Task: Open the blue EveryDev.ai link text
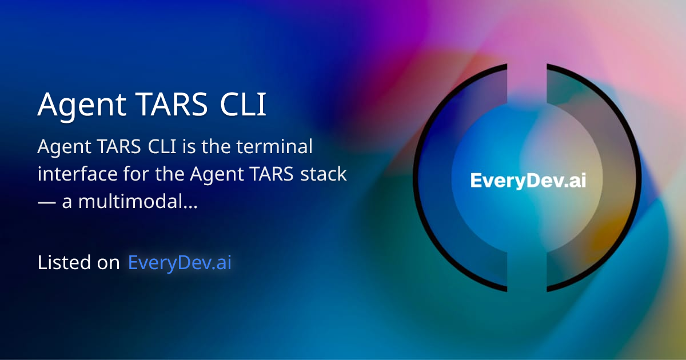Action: (180, 263)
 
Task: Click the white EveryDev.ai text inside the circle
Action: (528, 181)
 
